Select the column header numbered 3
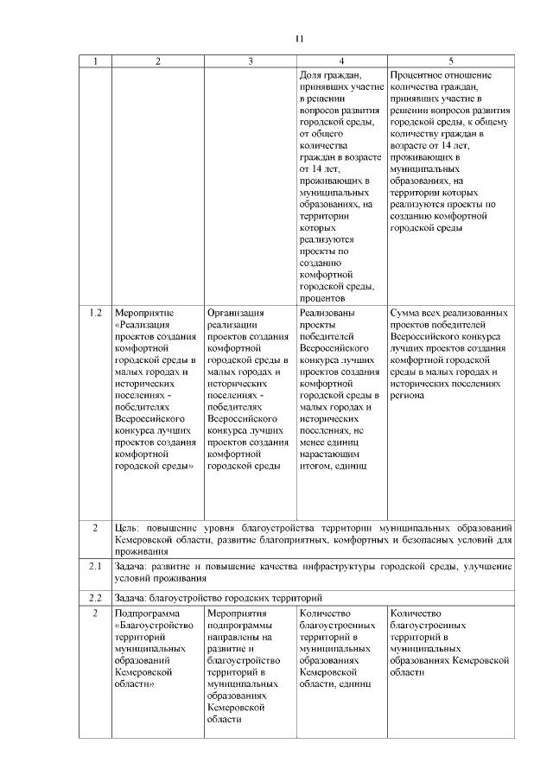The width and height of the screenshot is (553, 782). [x=251, y=61]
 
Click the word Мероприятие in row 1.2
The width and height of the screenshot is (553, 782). [x=144, y=313]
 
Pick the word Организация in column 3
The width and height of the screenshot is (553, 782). [x=236, y=313]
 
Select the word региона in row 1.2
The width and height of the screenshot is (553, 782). [x=407, y=395]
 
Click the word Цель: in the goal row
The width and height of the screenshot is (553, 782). [x=126, y=527]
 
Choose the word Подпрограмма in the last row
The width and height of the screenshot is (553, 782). [x=146, y=614]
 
